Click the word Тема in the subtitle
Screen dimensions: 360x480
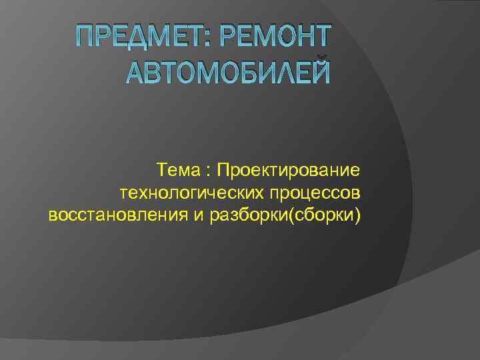click(177, 171)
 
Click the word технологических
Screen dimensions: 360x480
click(192, 193)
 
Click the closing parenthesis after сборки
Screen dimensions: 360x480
click(358, 216)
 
